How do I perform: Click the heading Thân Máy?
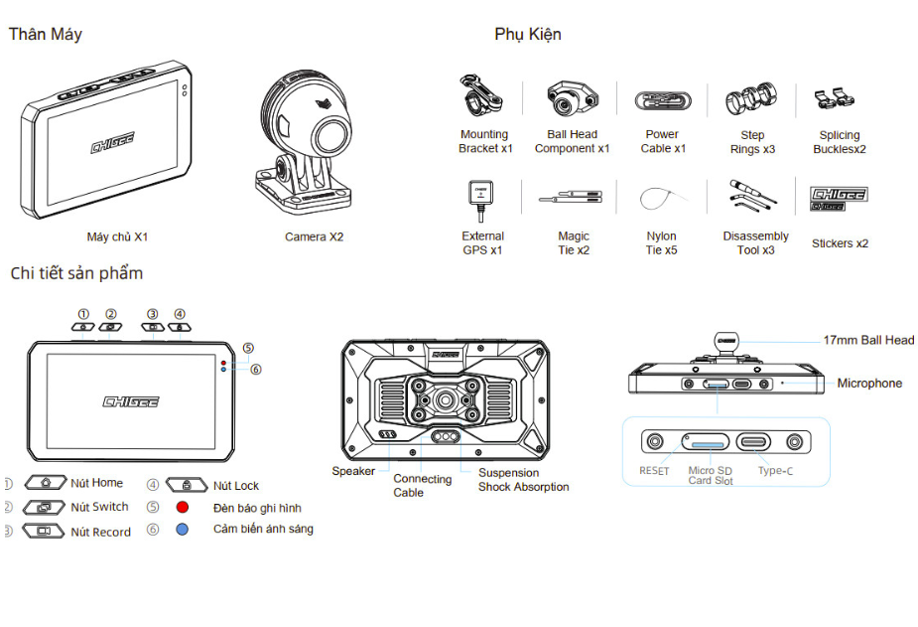pyautogui.click(x=45, y=34)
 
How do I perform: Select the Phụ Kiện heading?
pyautogui.click(x=527, y=34)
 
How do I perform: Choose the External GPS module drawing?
pyautogui.click(x=480, y=196)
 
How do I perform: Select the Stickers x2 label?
pyautogui.click(x=840, y=243)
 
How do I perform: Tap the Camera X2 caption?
pyautogui.click(x=314, y=237)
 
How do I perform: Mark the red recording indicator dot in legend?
pyautogui.click(x=183, y=507)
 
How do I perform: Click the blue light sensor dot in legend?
pyautogui.click(x=183, y=530)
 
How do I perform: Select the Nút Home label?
pyautogui.click(x=97, y=483)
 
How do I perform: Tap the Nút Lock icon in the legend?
pyautogui.click(x=187, y=485)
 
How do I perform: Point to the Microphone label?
pyautogui.click(x=869, y=384)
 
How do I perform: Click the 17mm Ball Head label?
pyautogui.click(x=868, y=340)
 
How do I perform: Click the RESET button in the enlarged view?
pyautogui.click(x=655, y=441)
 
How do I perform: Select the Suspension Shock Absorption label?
pyautogui.click(x=523, y=480)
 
